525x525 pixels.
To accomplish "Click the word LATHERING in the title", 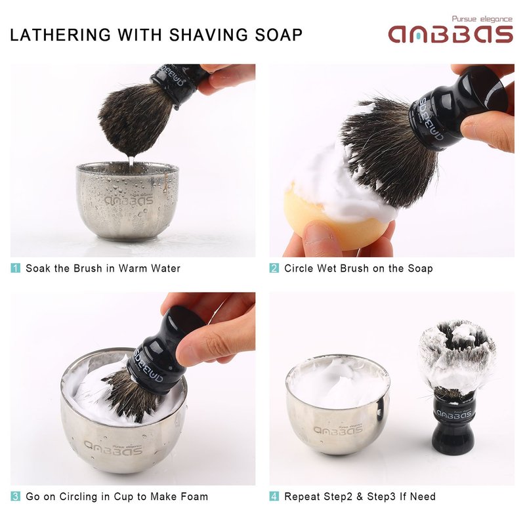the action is pyautogui.click(x=60, y=35).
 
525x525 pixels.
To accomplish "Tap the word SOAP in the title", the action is pyautogui.click(x=278, y=35).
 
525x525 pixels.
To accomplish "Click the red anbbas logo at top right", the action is pyautogui.click(x=451, y=34).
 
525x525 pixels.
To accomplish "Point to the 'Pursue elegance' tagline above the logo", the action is pyautogui.click(x=482, y=19).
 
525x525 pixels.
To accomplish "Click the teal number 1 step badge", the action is pyautogui.click(x=15, y=268).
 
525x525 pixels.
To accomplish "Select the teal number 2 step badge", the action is pyautogui.click(x=274, y=268).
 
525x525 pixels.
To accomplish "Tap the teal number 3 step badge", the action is pyautogui.click(x=15, y=496).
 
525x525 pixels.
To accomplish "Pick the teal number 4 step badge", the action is pyautogui.click(x=274, y=496).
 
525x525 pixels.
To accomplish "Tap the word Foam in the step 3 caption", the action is pyautogui.click(x=194, y=496).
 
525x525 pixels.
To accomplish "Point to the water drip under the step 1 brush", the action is pyautogui.click(x=131, y=160).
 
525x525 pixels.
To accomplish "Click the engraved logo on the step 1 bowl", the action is pyautogui.click(x=129, y=200).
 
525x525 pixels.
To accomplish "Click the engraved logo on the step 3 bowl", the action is pyautogui.click(x=113, y=449).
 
